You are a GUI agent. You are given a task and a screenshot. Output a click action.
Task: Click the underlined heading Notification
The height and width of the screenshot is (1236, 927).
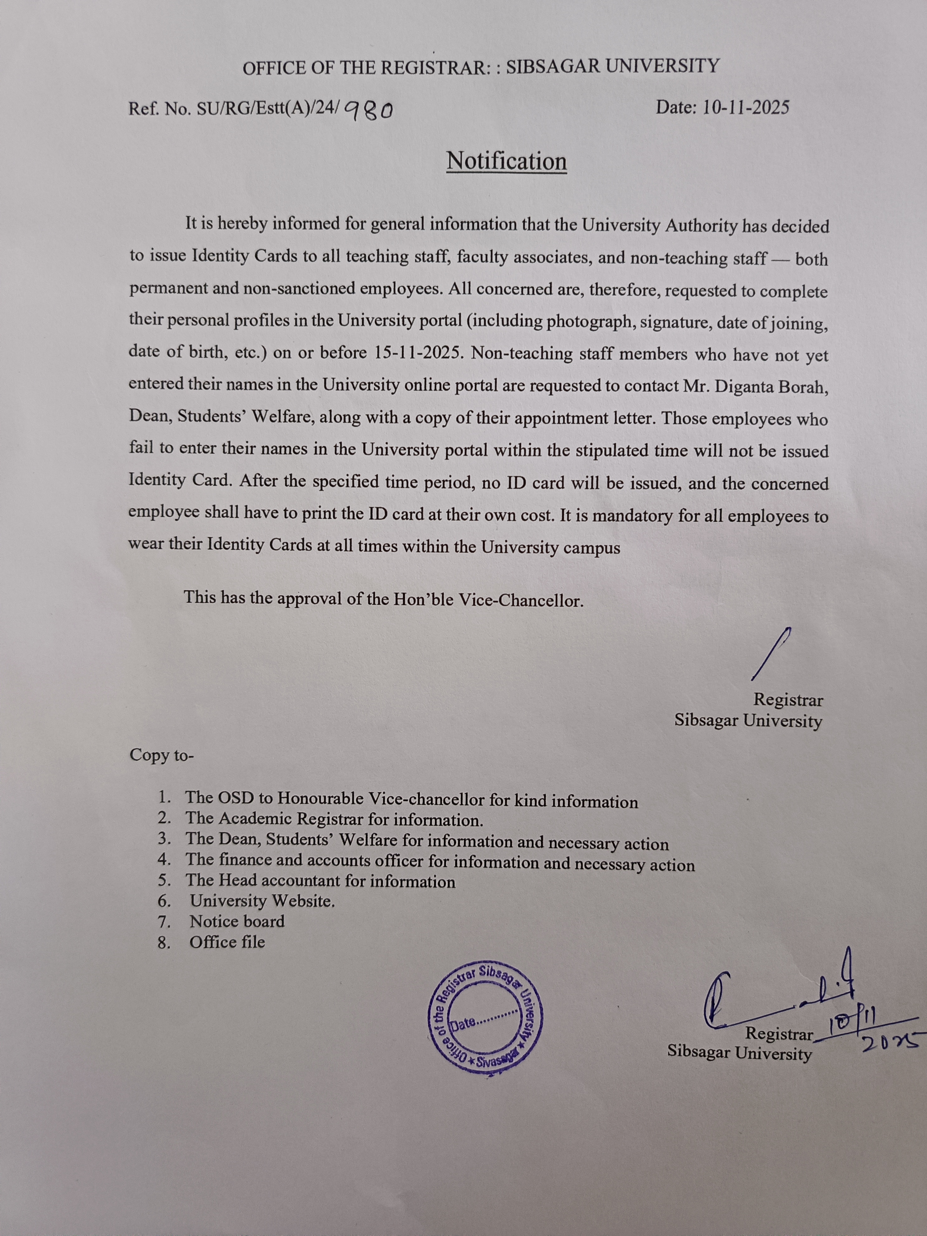(x=506, y=161)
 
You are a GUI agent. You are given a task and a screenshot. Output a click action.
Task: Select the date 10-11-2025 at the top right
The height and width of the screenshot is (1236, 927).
(x=745, y=107)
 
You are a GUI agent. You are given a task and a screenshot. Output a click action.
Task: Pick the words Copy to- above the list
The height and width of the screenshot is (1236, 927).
(x=161, y=754)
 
